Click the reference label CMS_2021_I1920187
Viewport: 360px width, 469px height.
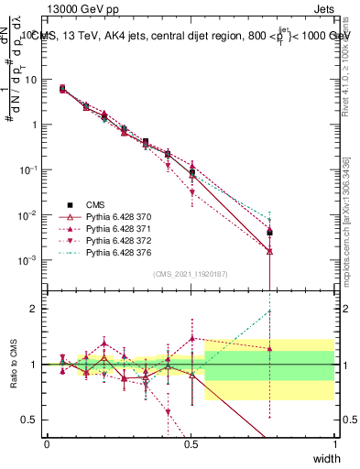[x=191, y=274]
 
